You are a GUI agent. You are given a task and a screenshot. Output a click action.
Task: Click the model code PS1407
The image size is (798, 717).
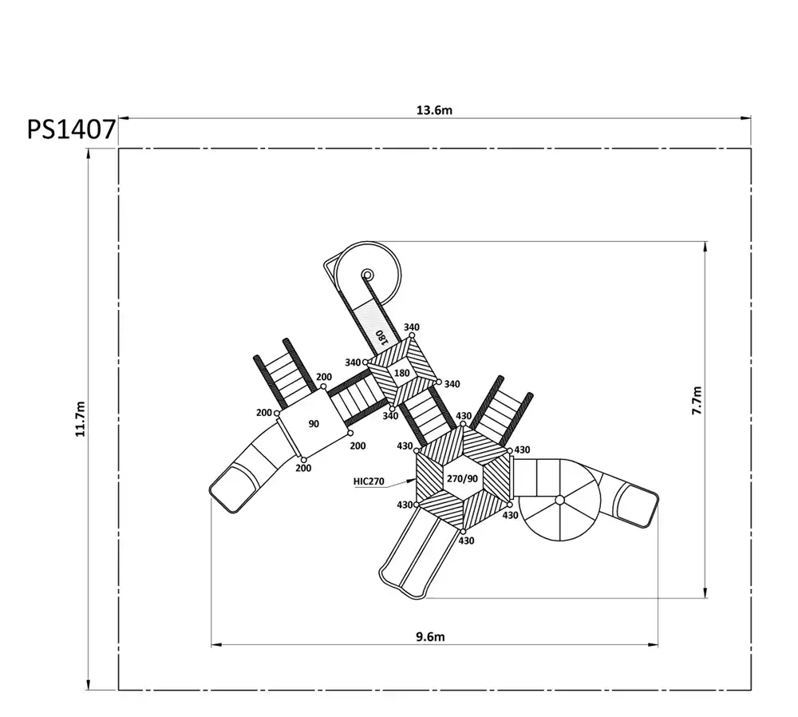click(x=71, y=129)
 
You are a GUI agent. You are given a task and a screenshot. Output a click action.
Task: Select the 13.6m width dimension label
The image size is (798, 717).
click(x=434, y=110)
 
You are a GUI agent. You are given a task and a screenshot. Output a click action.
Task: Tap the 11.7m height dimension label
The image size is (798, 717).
click(x=81, y=419)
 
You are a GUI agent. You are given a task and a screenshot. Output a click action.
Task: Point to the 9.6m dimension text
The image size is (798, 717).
click(x=430, y=637)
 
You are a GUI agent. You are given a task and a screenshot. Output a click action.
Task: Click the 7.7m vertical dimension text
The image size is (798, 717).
click(x=697, y=401)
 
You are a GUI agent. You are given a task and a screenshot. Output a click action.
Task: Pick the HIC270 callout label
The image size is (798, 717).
click(x=369, y=481)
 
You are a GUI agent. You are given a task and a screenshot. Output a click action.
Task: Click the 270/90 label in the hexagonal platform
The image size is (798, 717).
click(x=462, y=479)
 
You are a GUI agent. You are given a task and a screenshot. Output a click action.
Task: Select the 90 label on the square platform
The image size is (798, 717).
click(x=314, y=424)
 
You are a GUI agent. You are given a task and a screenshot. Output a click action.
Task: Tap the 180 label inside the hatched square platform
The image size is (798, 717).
click(x=401, y=373)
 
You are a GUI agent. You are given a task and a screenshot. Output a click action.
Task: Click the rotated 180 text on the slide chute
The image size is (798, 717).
click(x=381, y=337)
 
